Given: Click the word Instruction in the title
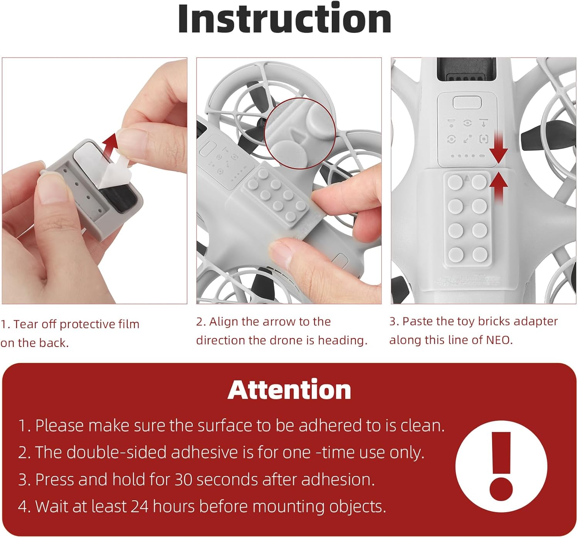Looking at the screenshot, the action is point(285,19).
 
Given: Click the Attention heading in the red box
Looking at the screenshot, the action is point(289,390).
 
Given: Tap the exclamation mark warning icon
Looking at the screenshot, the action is point(501,466).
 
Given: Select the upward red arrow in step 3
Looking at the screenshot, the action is point(499,187).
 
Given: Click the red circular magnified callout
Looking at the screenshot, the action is point(300,134).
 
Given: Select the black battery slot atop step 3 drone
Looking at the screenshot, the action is point(467,69).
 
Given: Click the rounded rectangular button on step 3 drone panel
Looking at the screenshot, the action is point(467,103).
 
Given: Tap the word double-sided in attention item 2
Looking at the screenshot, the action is point(116,453).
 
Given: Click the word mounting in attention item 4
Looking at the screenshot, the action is point(288,507).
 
